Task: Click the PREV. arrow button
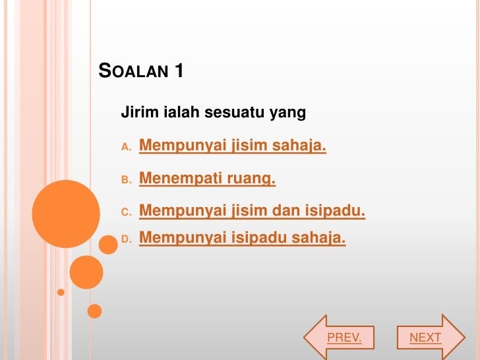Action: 339,338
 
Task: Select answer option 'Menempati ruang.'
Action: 207,178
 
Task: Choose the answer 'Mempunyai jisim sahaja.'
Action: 233,145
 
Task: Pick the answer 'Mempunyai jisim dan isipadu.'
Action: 253,211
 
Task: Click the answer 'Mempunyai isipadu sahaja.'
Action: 243,237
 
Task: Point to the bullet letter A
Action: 126,147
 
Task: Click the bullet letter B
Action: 126,180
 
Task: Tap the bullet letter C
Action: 126,212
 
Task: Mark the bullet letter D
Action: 126,239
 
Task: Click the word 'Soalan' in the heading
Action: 133,71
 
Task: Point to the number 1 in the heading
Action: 179,71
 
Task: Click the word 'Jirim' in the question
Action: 140,112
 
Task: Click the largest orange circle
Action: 66,214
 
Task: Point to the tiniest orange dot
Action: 61,292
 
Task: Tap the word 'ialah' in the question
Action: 181,111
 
